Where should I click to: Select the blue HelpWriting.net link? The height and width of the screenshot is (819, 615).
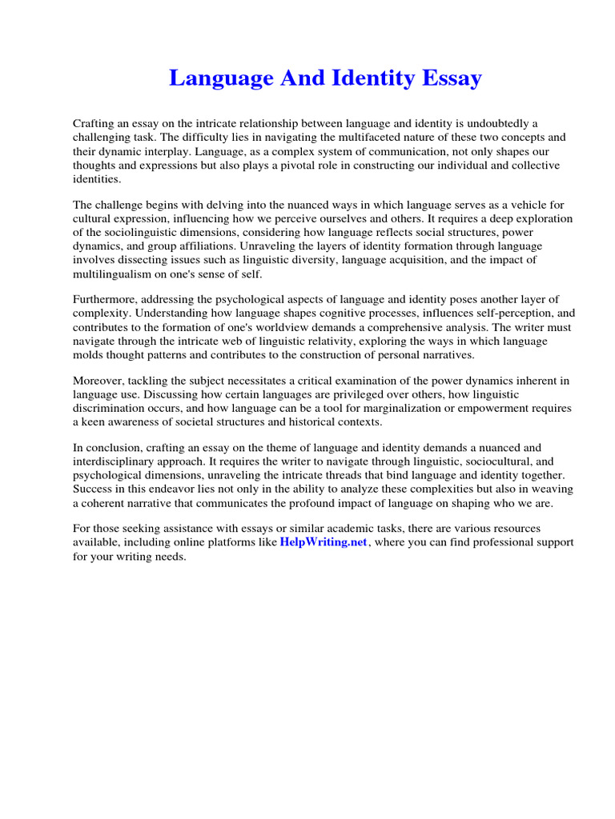[x=324, y=542]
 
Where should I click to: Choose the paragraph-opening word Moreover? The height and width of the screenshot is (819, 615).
[x=98, y=380]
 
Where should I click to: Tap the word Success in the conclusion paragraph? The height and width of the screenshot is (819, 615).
[x=94, y=490]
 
